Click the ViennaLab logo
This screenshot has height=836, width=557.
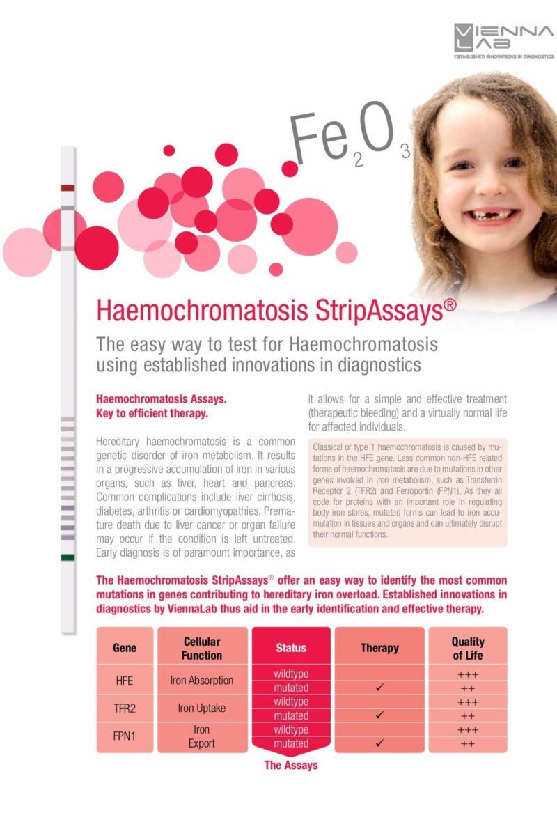click(503, 40)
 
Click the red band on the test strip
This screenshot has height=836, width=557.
click(68, 188)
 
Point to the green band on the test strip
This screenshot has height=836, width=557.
click(68, 557)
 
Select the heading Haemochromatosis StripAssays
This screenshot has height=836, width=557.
click(276, 311)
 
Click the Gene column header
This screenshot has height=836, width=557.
click(125, 648)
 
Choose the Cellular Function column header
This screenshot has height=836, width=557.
click(202, 648)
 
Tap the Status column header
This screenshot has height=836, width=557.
click(291, 648)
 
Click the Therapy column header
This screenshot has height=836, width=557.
click(379, 648)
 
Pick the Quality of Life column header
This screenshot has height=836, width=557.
click(468, 648)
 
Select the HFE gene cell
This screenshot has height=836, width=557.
click(125, 681)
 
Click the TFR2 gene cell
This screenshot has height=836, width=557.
click(125, 709)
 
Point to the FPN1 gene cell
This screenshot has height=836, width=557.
click(125, 736)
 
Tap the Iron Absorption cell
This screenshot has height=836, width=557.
click(202, 681)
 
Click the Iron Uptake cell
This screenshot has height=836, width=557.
click(202, 709)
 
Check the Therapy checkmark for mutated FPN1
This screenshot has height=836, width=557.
click(379, 743)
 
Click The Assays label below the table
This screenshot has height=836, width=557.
click(291, 765)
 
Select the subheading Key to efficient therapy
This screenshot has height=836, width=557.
click(152, 414)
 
